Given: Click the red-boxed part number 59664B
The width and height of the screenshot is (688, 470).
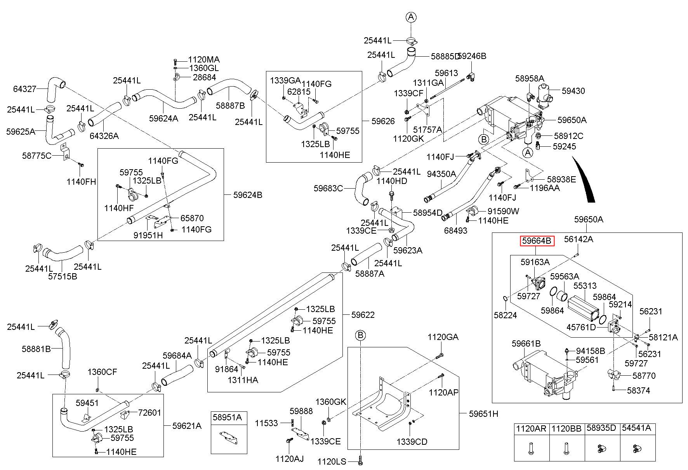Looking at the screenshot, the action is [x=537, y=241].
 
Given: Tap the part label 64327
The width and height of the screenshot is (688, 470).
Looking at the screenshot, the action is [x=24, y=89].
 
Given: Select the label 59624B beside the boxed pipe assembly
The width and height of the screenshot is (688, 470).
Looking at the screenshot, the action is [x=248, y=195].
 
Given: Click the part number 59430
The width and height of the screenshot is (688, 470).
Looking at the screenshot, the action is [x=573, y=91].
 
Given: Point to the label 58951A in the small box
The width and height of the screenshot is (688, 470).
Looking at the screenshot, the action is [x=229, y=417].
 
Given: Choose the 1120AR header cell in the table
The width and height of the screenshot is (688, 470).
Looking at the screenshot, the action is [x=531, y=429].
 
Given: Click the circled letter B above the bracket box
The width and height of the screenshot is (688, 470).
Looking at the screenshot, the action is [x=361, y=335].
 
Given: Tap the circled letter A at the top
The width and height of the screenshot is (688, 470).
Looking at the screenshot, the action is [x=411, y=17].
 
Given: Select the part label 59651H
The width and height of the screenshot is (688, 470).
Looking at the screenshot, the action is [x=483, y=414].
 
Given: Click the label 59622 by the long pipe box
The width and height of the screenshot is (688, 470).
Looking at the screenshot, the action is [x=363, y=315].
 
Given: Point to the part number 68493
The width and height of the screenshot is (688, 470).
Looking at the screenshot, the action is [x=456, y=231].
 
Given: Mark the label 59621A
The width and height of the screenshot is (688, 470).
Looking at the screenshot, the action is [x=187, y=426].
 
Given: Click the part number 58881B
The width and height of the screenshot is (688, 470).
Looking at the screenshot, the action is [x=36, y=349].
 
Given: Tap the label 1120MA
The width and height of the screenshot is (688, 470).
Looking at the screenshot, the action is [x=204, y=60].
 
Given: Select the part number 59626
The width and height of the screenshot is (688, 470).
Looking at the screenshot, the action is [x=383, y=121].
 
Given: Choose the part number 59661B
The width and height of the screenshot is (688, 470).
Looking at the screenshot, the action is [x=526, y=343].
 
